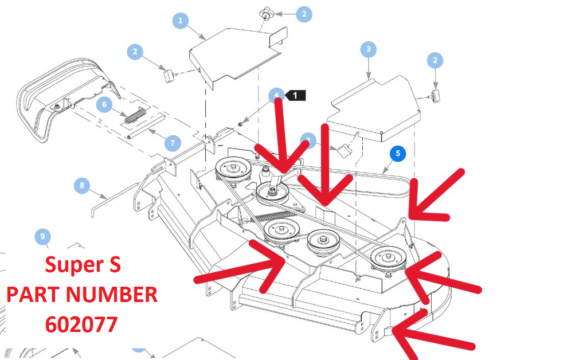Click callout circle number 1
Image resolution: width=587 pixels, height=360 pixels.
(x=181, y=21)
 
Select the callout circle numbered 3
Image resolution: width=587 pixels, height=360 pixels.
(x=368, y=49)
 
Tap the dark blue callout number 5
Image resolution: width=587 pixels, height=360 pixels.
(x=397, y=154)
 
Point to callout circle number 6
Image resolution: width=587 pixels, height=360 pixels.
(x=104, y=105)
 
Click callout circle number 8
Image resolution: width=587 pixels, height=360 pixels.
(x=82, y=186)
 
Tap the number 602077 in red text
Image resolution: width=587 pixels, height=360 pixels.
(x=81, y=325)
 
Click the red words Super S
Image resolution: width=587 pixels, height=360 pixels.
(x=83, y=265)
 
